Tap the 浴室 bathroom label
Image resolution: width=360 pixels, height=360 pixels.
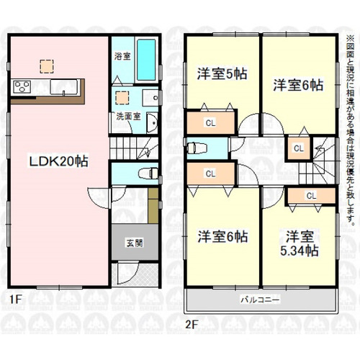coord(121,55)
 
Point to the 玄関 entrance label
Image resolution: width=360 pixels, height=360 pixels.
coord(133,243)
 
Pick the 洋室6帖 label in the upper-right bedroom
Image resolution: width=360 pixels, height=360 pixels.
coord(297,85)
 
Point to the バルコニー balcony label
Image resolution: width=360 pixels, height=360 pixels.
coord(257,298)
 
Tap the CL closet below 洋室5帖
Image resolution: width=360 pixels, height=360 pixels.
coord(210,122)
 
